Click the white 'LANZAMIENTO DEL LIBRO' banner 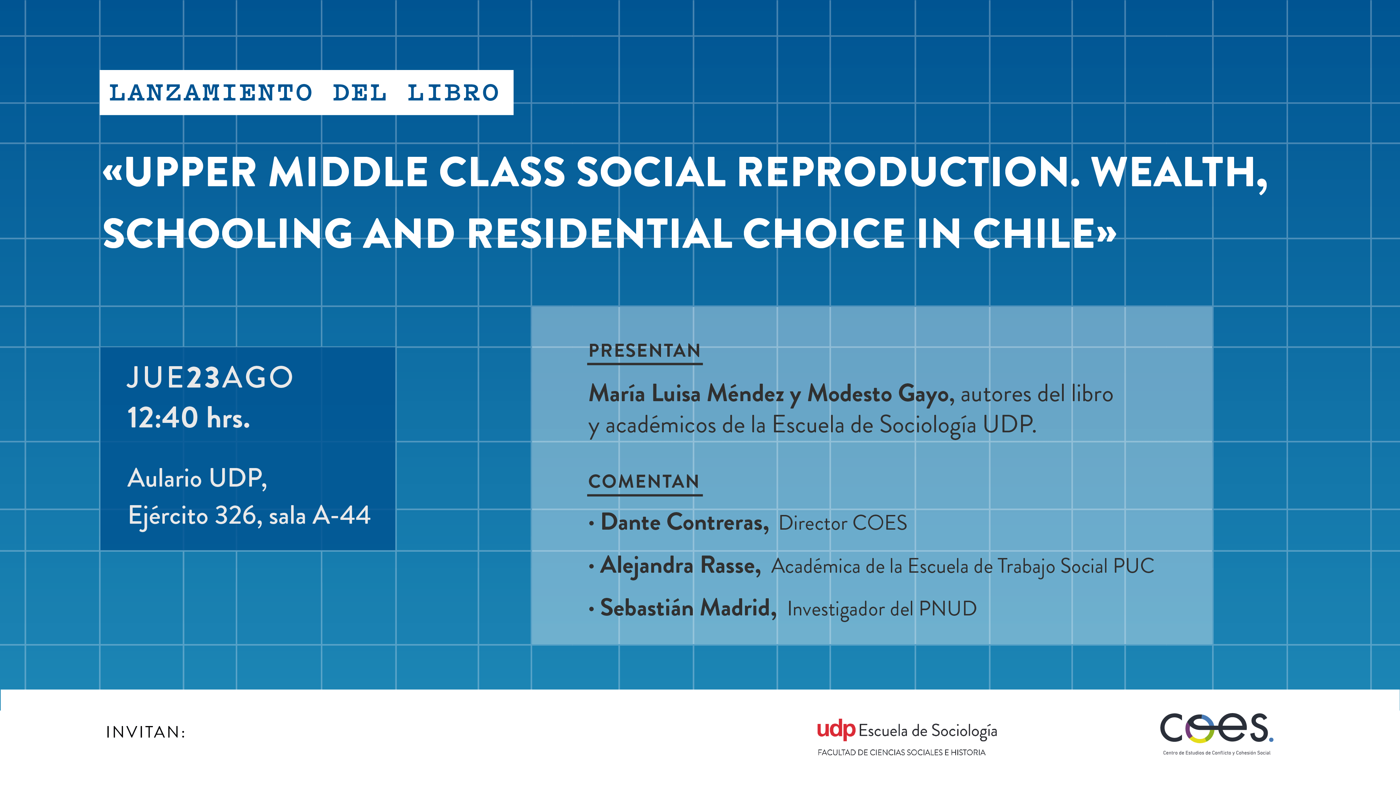(x=307, y=92)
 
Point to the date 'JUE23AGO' (x=210, y=377)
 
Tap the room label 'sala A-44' (x=319, y=515)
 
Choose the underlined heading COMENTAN (x=644, y=481)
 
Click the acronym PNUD (x=948, y=608)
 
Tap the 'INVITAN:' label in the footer (x=146, y=733)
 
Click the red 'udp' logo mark (x=836, y=730)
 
